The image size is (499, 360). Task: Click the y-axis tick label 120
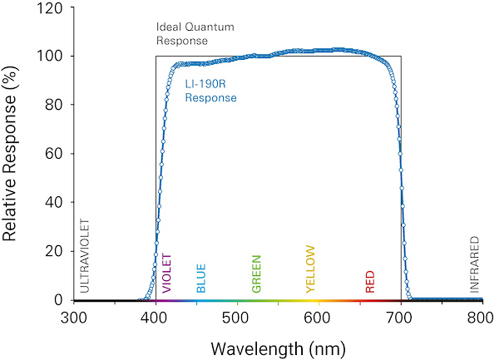pos(50,7)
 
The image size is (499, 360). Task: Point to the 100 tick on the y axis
pos(50,57)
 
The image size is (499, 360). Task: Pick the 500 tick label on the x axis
pos(237,317)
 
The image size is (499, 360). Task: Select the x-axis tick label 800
pos(482,317)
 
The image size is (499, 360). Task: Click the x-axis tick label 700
pos(400,317)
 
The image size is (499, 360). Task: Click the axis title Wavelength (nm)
pos(278,345)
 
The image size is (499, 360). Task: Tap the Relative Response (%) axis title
pos(12,154)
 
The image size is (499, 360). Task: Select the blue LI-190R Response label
pos(210,91)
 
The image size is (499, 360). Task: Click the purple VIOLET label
pos(167,274)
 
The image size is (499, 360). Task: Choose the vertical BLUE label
pos(200,279)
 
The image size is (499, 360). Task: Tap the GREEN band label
pos(256,274)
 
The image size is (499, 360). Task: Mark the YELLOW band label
pos(311,269)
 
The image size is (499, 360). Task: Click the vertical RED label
pos(370,282)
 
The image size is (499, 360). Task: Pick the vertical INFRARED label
pos(475,264)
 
